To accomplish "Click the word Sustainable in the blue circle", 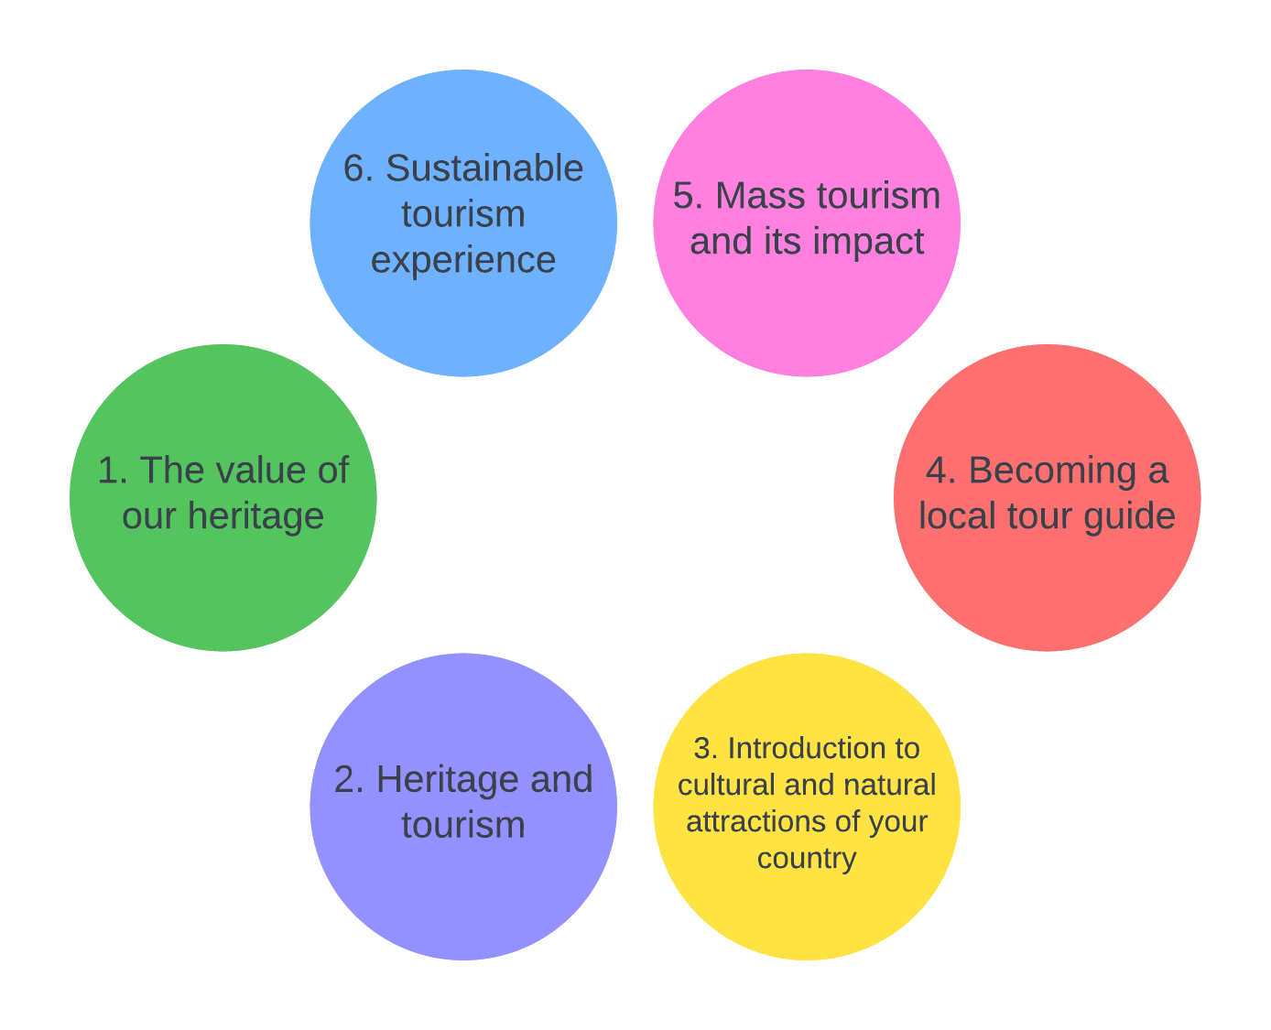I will [x=484, y=169].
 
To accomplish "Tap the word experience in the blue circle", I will [x=463, y=261].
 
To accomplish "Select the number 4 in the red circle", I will [x=936, y=472].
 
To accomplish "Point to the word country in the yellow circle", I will [x=807, y=859].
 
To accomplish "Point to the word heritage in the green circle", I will [x=255, y=516].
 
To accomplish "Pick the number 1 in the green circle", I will [x=107, y=471].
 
